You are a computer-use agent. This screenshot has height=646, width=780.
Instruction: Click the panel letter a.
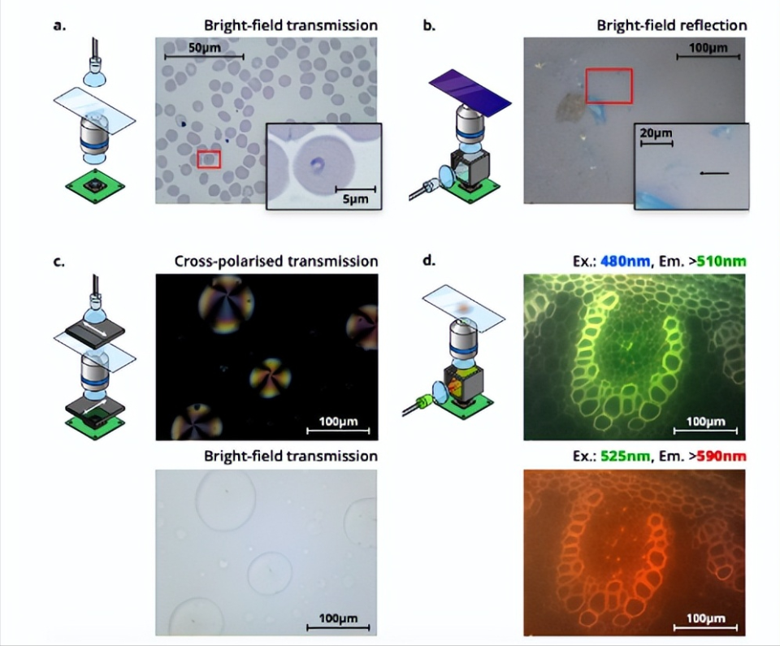[59, 25]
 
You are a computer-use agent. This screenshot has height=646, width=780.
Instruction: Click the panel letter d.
[429, 260]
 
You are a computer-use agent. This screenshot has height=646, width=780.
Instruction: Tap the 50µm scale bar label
[205, 48]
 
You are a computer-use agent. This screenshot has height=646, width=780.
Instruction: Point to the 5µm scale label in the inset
[356, 199]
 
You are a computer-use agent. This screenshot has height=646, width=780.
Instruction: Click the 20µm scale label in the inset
[656, 133]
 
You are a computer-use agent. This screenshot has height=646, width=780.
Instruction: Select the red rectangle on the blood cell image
[209, 159]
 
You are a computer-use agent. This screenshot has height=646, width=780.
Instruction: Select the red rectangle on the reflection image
[609, 86]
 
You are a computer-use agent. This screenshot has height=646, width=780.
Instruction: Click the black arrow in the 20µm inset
[714, 173]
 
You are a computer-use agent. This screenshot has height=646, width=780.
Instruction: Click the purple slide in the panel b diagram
[470, 92]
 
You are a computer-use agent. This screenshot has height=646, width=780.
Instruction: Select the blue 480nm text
[626, 261]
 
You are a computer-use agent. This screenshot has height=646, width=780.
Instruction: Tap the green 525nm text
[626, 456]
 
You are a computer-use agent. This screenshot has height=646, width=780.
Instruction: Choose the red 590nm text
[721, 456]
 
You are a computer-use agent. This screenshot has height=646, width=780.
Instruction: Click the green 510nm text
[721, 261]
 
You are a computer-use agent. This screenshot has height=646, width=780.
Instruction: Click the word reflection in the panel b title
[717, 25]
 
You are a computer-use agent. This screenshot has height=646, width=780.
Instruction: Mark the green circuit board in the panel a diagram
[95, 187]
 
